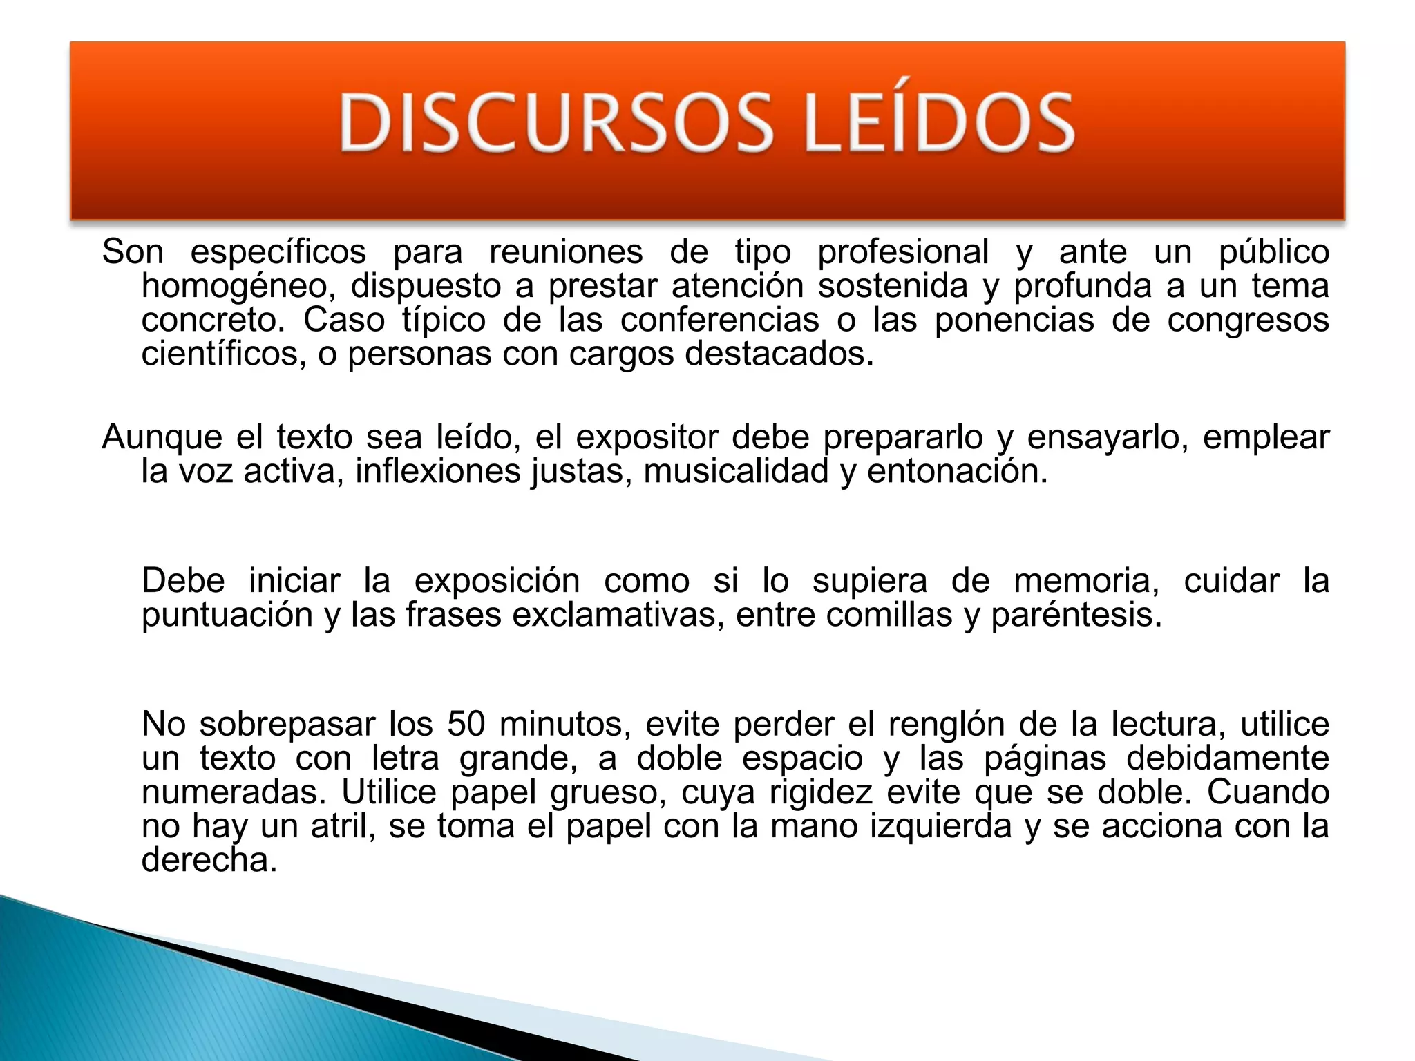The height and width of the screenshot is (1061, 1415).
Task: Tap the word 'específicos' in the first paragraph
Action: coord(278,252)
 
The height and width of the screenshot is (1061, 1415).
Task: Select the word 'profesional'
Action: coord(903,252)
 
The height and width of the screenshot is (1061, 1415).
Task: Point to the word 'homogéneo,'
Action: coord(238,286)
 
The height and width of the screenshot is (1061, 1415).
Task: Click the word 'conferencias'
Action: coord(719,320)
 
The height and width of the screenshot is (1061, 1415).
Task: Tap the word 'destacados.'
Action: coord(779,354)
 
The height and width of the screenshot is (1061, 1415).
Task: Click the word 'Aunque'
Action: coord(162,437)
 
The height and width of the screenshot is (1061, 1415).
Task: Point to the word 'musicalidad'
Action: coord(736,471)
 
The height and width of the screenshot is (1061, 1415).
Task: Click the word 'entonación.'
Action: coord(958,471)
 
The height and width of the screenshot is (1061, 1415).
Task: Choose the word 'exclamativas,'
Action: coord(618,615)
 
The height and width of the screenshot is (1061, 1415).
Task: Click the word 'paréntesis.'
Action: coord(1076,615)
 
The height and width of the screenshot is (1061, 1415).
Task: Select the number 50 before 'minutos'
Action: coord(466,725)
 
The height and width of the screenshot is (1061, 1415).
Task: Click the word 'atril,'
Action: coord(343,826)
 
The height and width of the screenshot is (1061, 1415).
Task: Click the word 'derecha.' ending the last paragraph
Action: coord(209,860)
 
